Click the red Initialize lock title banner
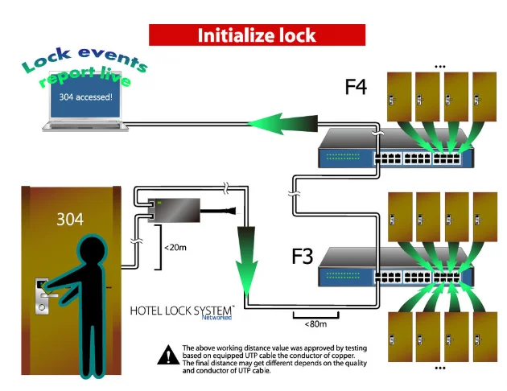[257, 35]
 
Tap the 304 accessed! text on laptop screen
[85, 97]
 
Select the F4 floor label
[356, 87]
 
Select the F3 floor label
[303, 256]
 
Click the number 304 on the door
[70, 220]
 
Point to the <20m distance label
[175, 248]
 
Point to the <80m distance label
[315, 323]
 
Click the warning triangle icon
[168, 355]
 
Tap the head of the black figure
[92, 250]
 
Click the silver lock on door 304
[42, 296]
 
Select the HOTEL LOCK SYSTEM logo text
[181, 311]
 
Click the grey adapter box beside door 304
[174, 210]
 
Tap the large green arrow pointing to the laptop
[282, 123]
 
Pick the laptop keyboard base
[85, 126]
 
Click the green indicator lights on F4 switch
[343, 156]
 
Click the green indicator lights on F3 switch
[343, 275]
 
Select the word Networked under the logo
[216, 317]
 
